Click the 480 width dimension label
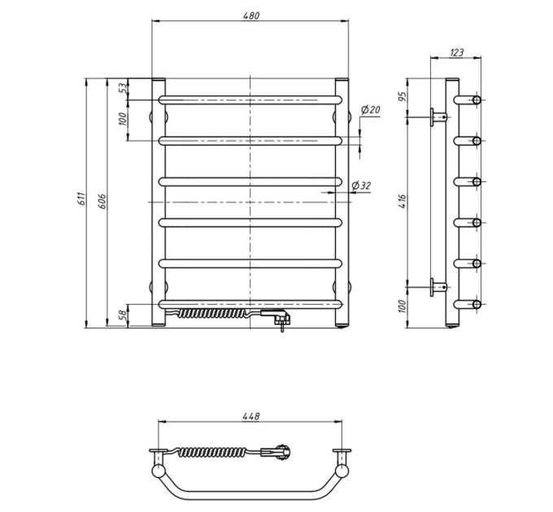click(250, 16)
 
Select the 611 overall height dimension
click(81, 199)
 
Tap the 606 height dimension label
click(102, 201)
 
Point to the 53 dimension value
click(122, 88)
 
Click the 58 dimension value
click(122, 315)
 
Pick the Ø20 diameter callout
click(370, 110)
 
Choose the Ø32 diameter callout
click(362, 185)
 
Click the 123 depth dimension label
click(457, 53)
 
